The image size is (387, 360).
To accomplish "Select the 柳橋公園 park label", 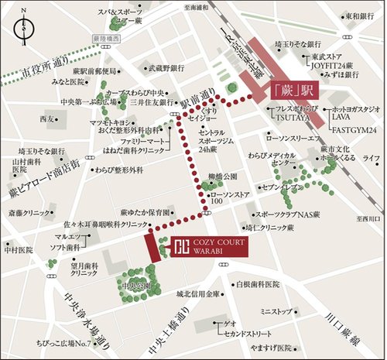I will point(224,177).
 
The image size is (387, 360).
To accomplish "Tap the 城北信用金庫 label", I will point(198,294).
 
